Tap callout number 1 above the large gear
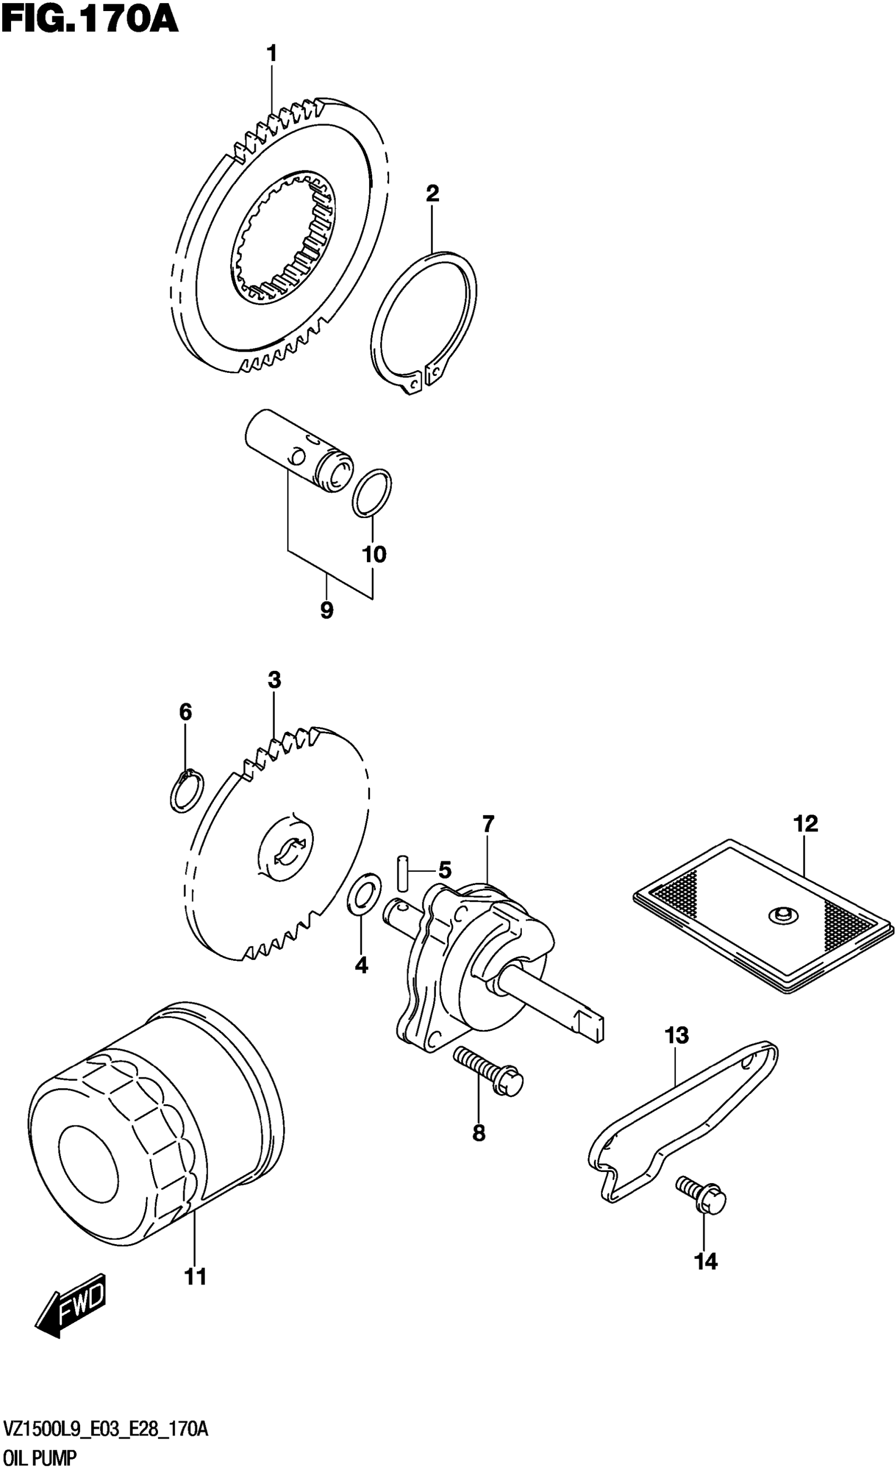coord(272,54)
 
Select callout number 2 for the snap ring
coord(432,193)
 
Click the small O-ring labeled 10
coord(372,493)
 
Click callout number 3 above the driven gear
coord(274,680)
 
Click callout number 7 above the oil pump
coord(488,825)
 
